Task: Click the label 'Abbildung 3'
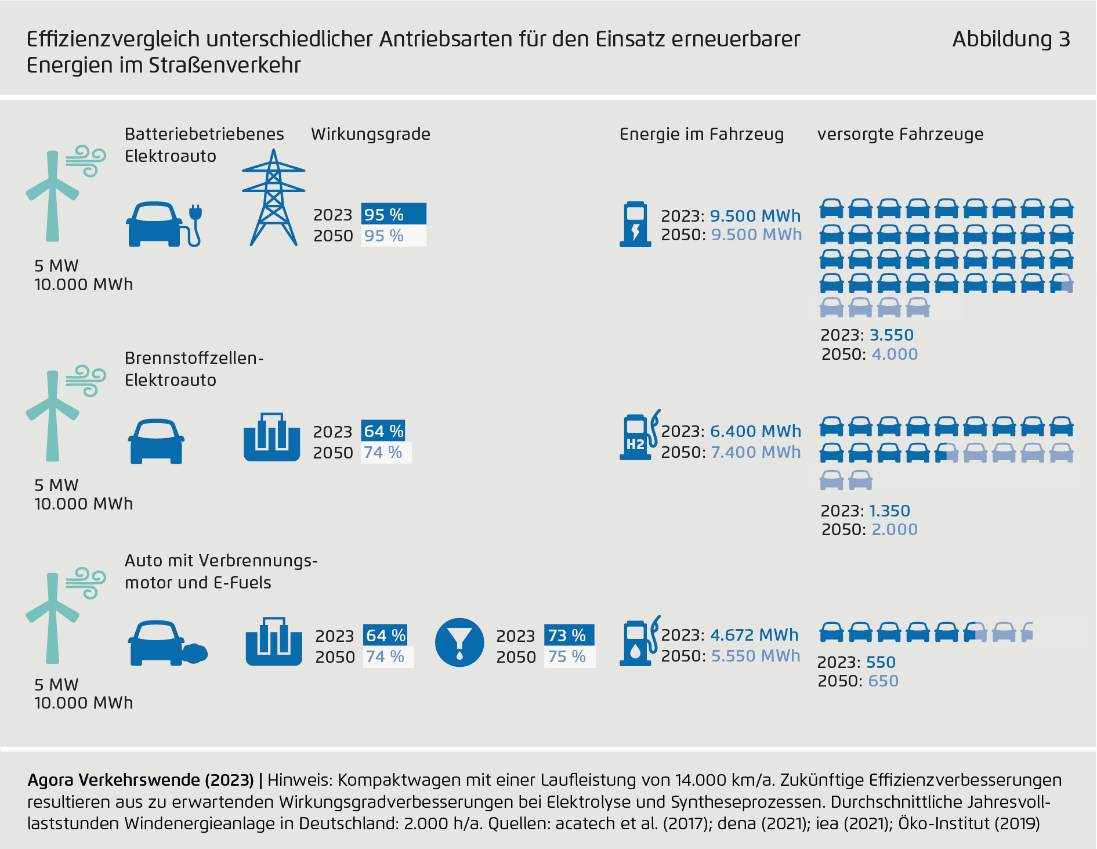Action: (1011, 39)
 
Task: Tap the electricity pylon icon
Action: (273, 198)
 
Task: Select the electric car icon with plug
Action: (164, 225)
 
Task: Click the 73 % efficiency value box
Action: (568, 635)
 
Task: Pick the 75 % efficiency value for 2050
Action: (568, 656)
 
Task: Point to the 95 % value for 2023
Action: (393, 214)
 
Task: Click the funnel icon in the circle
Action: (459, 642)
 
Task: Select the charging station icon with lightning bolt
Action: (635, 224)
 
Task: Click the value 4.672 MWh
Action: (754, 635)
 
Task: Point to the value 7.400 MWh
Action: (755, 452)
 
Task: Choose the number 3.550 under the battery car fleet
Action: (891, 335)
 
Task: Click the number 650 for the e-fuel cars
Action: (883, 681)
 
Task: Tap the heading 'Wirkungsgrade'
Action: (371, 134)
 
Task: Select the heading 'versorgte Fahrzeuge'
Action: (900, 134)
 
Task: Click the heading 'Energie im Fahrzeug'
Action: (701, 134)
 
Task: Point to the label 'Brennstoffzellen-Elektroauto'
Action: (194, 369)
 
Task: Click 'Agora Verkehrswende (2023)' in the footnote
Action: (140, 780)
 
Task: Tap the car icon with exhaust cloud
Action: (167, 644)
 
